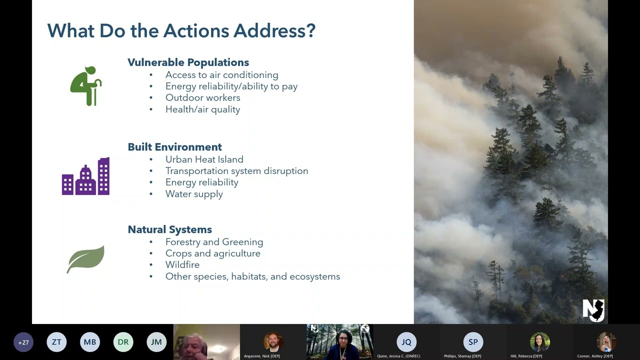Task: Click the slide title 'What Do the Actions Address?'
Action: (181, 31)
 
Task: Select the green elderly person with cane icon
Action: (85, 86)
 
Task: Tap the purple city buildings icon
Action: (85, 176)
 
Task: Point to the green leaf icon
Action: (85, 259)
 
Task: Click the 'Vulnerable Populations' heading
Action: (188, 62)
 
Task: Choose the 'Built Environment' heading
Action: (174, 147)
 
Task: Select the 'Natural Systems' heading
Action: (169, 229)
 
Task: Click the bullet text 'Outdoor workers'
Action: (202, 97)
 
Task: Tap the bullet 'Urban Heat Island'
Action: (204, 159)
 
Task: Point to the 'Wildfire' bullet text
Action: (182, 265)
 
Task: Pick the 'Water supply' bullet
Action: (194, 194)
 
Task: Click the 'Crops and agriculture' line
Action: (212, 253)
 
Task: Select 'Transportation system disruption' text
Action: (236, 171)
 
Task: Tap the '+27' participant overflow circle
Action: (23, 342)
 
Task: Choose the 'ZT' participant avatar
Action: (56, 342)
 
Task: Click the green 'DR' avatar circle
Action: (123, 342)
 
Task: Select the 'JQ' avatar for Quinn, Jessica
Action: (406, 342)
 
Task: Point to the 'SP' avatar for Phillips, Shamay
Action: (473, 342)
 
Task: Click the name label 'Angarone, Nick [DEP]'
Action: (261, 356)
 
